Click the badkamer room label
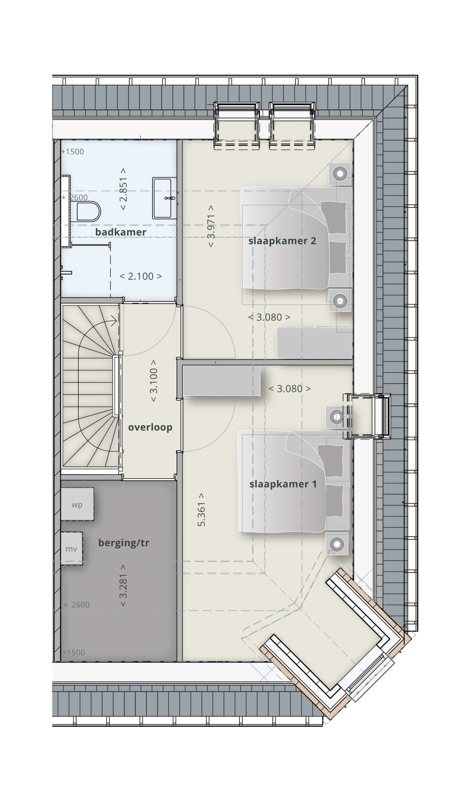click(121, 232)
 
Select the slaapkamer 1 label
click(283, 484)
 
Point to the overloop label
click(150, 427)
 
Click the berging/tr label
click(123, 543)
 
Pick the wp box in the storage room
click(77, 504)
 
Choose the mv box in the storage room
click(72, 549)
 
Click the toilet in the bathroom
click(88, 211)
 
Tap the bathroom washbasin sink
click(165, 198)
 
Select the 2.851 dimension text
click(123, 189)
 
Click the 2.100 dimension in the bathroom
click(141, 276)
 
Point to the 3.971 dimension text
click(211, 226)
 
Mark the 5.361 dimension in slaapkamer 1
click(201, 510)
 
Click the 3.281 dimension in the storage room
click(123, 586)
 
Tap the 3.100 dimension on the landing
click(153, 381)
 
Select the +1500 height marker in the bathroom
click(72, 152)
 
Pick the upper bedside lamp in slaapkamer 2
click(340, 174)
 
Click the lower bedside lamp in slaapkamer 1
click(337, 544)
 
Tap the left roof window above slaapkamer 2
click(236, 125)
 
